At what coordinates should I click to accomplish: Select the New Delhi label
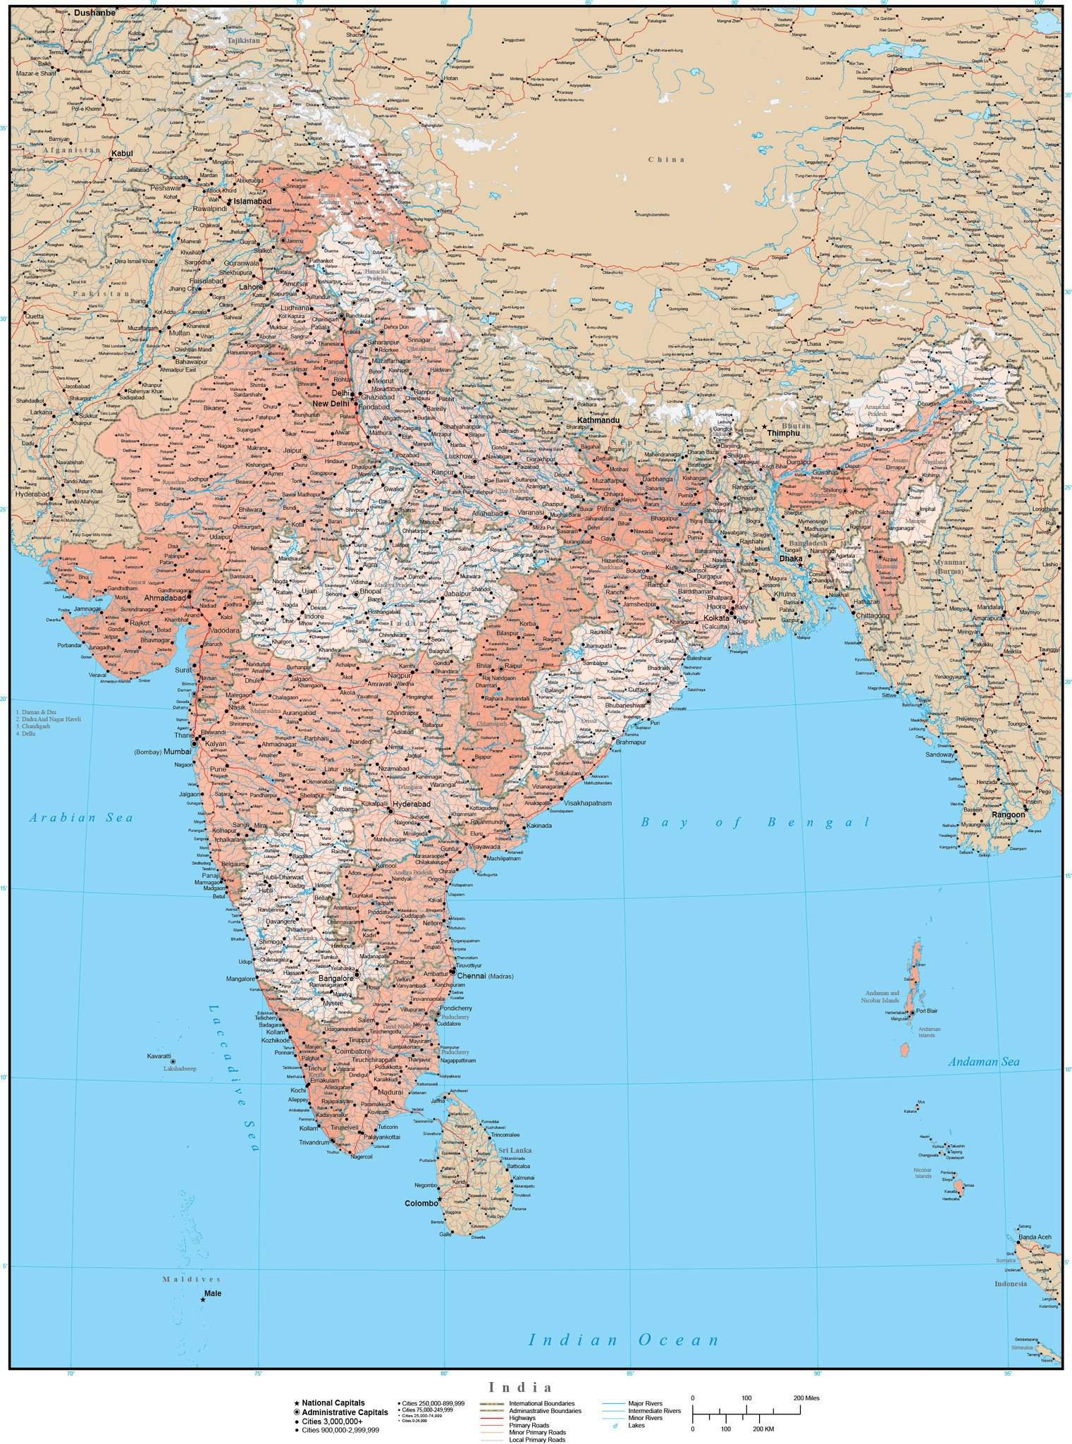tap(331, 403)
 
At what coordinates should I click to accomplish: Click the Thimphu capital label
tap(784, 433)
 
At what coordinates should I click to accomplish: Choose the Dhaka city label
tap(791, 558)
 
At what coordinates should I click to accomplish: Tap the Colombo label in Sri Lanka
tap(420, 1204)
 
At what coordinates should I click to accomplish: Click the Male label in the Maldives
tap(212, 1294)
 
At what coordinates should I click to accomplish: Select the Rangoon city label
tap(1009, 814)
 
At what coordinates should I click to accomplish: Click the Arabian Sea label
tap(81, 818)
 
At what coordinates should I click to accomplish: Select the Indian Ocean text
tap(624, 1340)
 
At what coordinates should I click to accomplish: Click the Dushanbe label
tap(94, 13)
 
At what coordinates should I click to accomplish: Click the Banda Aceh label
tap(1035, 1237)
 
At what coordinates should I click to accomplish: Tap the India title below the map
tap(536, 1388)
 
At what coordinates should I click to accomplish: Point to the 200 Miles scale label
tap(806, 1398)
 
